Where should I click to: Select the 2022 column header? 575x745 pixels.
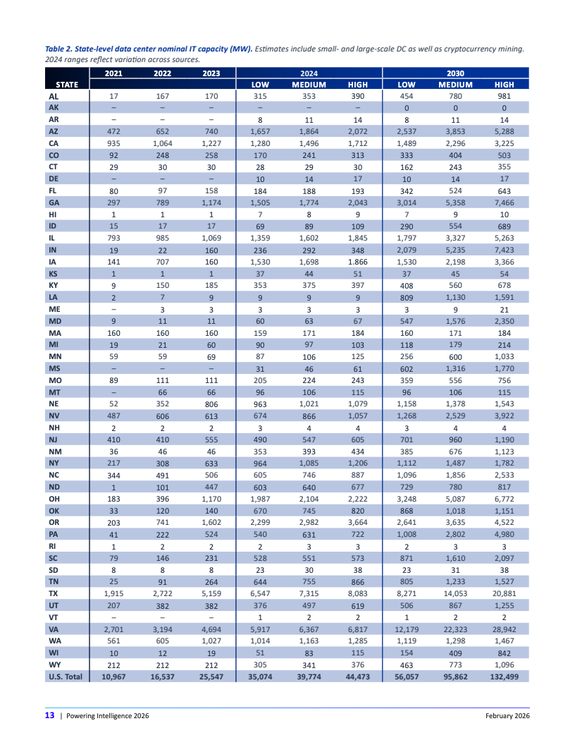162,73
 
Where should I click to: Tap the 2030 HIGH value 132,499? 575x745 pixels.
504,676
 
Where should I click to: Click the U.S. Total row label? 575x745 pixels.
65,676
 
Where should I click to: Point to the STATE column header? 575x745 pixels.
66,84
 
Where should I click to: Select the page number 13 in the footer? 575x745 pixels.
50,716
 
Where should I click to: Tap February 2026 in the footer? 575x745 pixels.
507,716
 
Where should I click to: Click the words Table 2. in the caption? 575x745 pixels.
61,49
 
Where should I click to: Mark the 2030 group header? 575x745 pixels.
455,73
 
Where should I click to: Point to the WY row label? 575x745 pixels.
54,665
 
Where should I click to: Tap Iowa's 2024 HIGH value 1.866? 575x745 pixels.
358,262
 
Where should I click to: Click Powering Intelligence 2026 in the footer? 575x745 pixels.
107,716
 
